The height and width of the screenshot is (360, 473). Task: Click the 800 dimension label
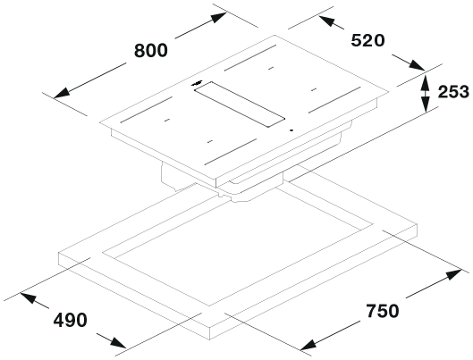point(150,50)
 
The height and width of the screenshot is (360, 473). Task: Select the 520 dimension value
point(367,40)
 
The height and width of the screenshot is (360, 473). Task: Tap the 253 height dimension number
point(453,92)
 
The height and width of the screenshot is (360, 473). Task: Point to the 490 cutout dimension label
point(71,320)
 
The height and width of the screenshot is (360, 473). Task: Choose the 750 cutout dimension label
point(383,311)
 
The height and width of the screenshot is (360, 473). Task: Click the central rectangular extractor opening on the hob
point(240,104)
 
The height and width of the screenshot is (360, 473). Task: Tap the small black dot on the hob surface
point(291,130)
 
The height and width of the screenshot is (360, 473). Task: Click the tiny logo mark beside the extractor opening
point(197,83)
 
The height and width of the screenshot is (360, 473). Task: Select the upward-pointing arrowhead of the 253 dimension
point(425,81)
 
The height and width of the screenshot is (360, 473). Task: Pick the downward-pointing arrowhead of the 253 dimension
point(425,104)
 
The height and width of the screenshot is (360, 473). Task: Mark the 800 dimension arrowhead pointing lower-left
point(62,93)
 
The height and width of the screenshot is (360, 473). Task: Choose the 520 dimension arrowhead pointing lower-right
point(417,65)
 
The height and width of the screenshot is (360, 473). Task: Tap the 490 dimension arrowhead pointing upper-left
point(29,297)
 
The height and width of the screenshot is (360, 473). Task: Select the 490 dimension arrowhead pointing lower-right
point(118,342)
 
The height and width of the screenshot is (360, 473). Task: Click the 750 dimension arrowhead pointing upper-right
point(453,274)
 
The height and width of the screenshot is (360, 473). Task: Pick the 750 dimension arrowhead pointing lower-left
point(309,345)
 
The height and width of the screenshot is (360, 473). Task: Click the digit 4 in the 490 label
point(59,320)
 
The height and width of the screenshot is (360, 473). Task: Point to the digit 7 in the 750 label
point(371,311)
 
